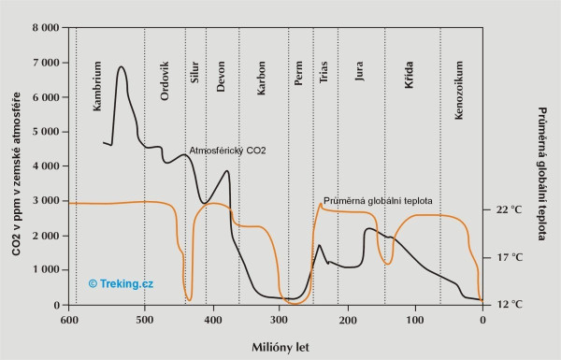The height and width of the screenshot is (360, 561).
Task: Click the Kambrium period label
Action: (x=97, y=90)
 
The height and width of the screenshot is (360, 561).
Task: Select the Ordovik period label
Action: (x=165, y=82)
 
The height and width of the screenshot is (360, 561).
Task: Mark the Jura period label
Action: (x=360, y=72)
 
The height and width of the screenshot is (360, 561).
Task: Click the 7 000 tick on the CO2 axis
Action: (x=44, y=63)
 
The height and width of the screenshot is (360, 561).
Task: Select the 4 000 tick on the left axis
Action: (x=44, y=166)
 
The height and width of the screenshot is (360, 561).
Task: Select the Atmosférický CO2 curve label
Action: (x=229, y=150)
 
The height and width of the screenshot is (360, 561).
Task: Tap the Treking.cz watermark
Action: (x=121, y=282)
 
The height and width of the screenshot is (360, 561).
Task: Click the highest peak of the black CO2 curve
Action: (x=122, y=67)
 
